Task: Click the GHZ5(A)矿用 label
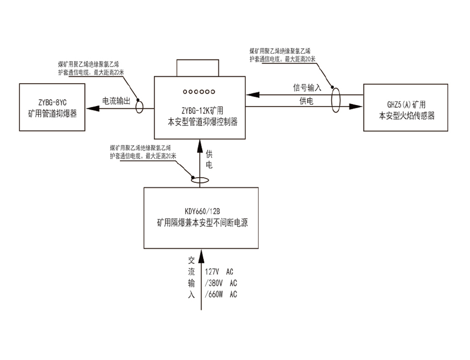pos(406,104)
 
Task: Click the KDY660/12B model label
pos(201,212)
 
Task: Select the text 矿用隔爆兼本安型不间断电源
pos(201,223)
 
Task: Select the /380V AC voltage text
pos(221,283)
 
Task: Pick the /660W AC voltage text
pos(221,294)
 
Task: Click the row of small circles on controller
pos(199,92)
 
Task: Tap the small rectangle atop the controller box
pos(199,68)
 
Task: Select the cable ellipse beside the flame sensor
pos(335,100)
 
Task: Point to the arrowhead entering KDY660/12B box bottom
pos(198,252)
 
